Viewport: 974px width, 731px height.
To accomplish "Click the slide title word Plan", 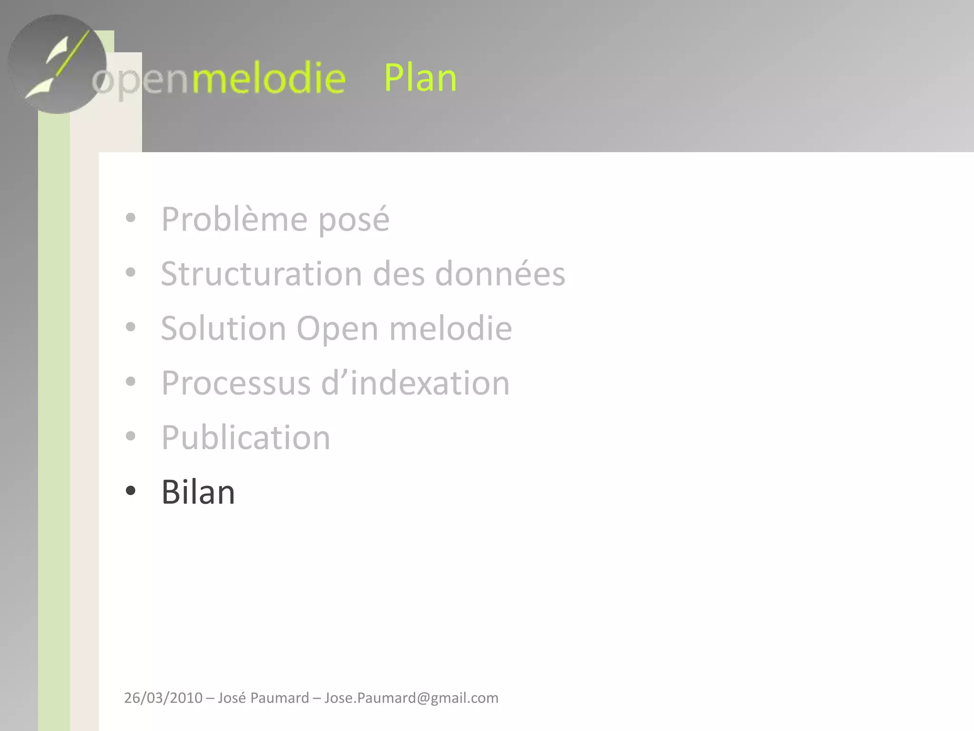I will point(420,78).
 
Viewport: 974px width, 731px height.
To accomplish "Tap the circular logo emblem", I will point(57,64).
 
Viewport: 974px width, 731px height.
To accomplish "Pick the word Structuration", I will point(262,274).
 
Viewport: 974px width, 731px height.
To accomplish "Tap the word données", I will point(500,274).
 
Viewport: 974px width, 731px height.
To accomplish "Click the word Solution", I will point(224,328).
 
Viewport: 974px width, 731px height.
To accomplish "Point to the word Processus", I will point(236,383).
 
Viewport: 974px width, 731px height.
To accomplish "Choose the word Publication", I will point(245,437).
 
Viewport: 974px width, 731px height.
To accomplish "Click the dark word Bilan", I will point(198,492).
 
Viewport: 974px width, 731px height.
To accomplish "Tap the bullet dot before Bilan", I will point(130,491).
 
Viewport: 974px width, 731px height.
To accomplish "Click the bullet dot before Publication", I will point(130,436).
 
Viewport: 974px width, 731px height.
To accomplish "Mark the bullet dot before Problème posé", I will point(130,218).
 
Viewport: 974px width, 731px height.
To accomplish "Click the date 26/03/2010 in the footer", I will point(163,698).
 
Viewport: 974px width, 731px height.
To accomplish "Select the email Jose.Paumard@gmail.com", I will point(411,698).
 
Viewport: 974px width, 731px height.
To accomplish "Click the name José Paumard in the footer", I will point(263,698).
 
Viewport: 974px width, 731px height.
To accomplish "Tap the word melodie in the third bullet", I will point(450,328).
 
